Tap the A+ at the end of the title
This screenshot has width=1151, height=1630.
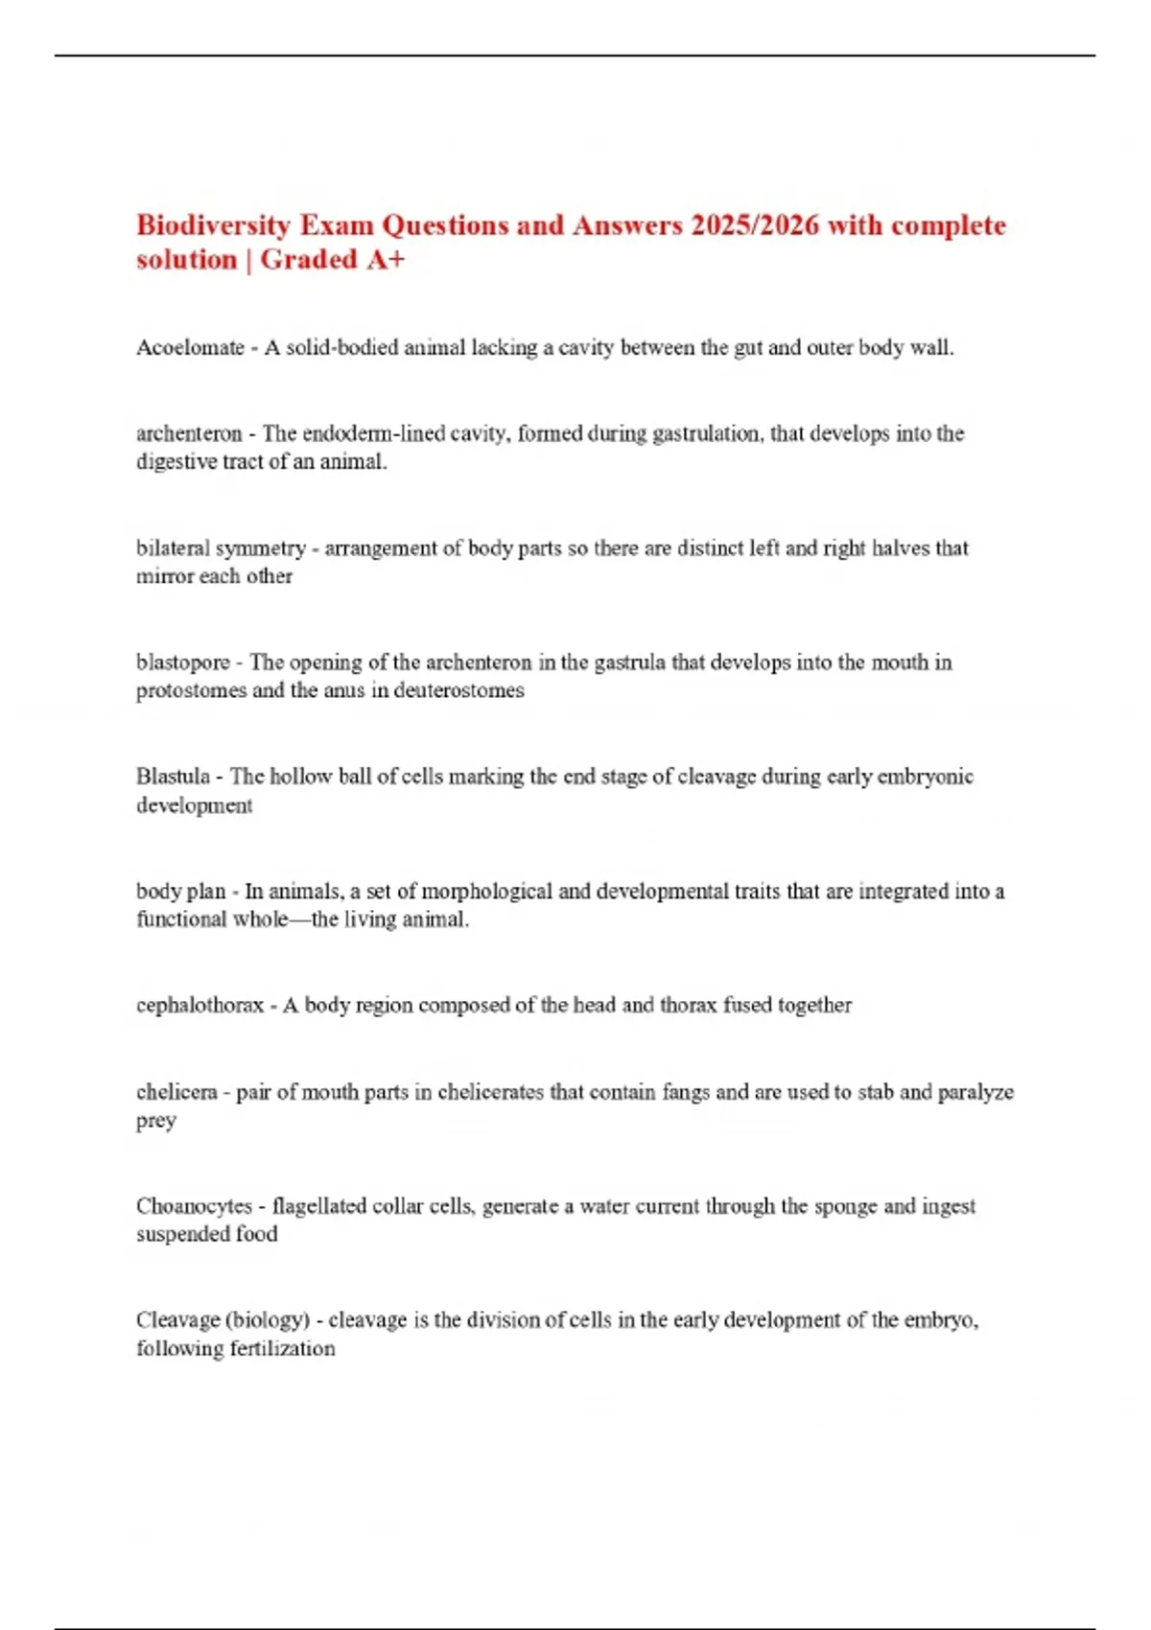[386, 260]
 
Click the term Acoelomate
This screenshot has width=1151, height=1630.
[190, 348]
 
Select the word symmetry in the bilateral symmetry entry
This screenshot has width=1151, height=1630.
[261, 548]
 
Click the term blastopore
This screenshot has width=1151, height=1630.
[182, 663]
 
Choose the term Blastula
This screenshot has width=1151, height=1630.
[173, 777]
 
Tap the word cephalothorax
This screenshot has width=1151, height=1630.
[200, 1005]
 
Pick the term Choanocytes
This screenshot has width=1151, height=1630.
[194, 1206]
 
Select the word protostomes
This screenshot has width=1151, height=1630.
[191, 690]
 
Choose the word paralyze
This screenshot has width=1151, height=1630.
[975, 1092]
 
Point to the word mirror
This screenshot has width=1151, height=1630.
[165, 576]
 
